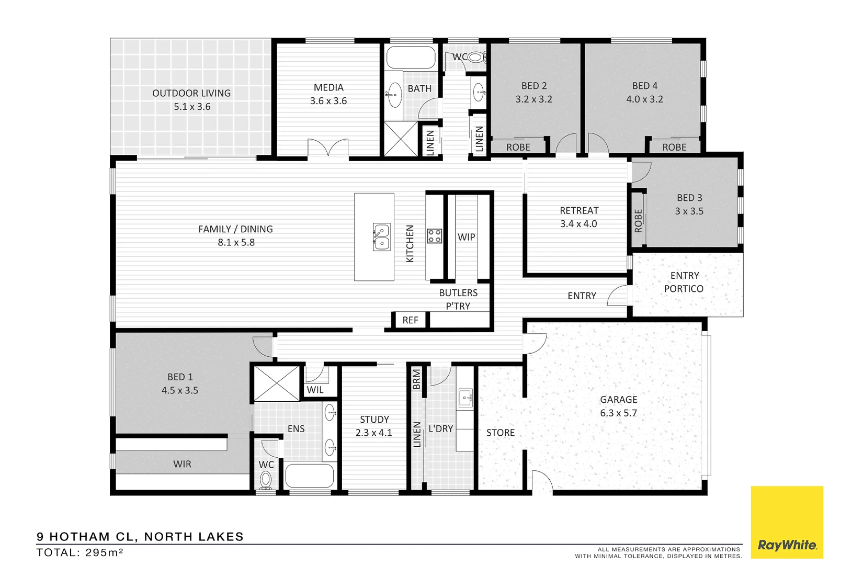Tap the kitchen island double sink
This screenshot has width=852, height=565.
(381, 237)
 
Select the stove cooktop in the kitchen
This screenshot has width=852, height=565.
(434, 236)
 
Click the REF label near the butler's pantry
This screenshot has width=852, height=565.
(410, 320)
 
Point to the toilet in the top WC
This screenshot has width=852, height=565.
(476, 57)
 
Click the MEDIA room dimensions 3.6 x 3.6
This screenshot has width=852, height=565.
(328, 101)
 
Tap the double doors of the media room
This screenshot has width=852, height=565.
(328, 148)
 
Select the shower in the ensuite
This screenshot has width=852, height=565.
(277, 383)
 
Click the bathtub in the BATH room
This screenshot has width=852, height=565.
(411, 59)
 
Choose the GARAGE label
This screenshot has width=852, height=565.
(619, 400)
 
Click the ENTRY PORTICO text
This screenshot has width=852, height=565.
(684, 282)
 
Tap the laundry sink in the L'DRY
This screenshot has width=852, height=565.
(465, 398)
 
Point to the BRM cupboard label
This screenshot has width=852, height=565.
(417, 379)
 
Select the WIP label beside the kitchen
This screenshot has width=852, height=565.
(466, 237)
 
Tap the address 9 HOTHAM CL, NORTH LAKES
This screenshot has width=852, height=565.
(140, 537)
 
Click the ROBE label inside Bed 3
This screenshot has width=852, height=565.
(638, 221)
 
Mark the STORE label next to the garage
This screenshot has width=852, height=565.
(501, 433)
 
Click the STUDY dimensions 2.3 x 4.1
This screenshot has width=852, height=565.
(373, 433)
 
